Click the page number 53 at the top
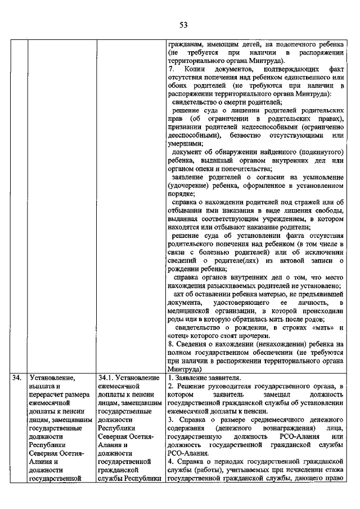(183, 25)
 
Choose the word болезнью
(212, 252)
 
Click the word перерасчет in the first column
(48, 395)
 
